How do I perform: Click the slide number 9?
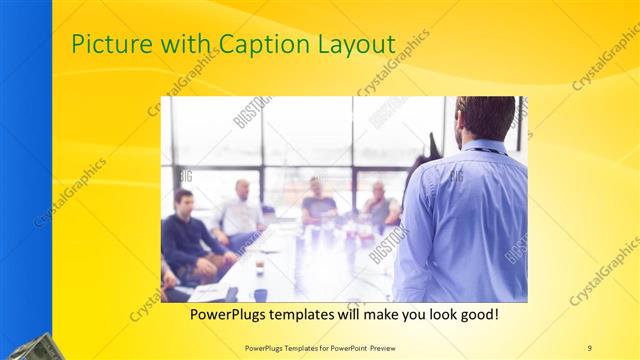(589, 347)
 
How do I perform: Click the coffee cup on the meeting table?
(259, 267)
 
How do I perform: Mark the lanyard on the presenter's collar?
(488, 150)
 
